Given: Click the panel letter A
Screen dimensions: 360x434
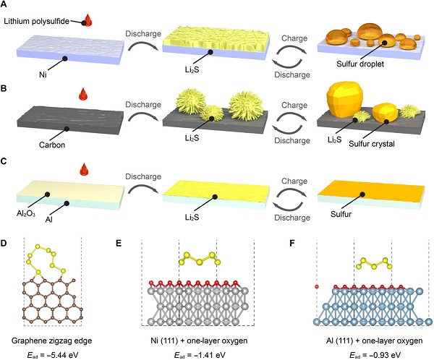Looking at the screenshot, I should click(6, 7).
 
